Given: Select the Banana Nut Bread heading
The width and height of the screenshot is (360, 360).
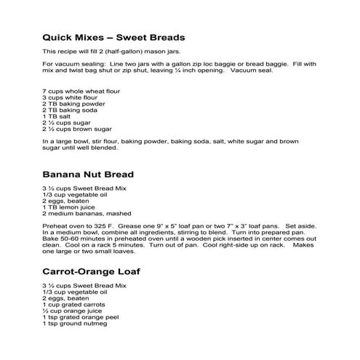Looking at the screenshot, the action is [87, 175].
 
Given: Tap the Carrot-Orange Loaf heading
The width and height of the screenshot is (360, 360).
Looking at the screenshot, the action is [92, 271].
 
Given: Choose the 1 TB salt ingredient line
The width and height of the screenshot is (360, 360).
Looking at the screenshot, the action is [58, 116].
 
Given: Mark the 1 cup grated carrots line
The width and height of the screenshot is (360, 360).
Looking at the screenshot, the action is [75, 305].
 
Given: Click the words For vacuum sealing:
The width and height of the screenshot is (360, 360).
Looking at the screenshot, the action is [73, 65].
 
